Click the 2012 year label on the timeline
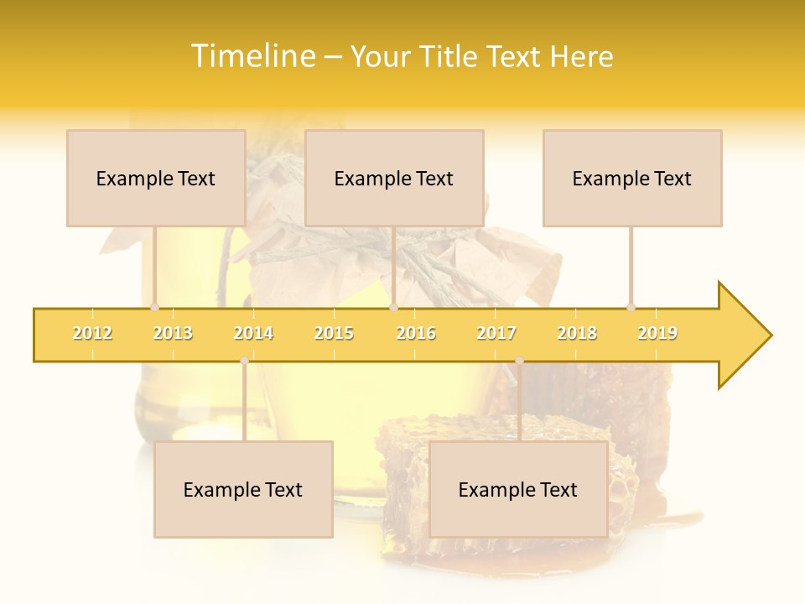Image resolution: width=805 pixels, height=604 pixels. (x=92, y=333)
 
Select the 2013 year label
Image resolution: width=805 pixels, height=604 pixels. (x=173, y=333)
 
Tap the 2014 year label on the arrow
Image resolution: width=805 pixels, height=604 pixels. (x=253, y=333)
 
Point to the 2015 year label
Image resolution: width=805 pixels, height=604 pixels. (x=334, y=333)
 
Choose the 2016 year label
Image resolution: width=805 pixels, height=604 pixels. (x=416, y=333)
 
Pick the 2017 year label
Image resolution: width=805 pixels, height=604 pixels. (x=496, y=333)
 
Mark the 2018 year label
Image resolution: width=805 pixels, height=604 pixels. (x=577, y=333)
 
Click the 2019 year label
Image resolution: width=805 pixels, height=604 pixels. (x=657, y=333)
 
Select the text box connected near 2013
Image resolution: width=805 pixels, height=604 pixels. (x=156, y=178)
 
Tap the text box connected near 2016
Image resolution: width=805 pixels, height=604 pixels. (x=394, y=178)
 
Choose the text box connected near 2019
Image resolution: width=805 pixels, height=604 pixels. (x=632, y=178)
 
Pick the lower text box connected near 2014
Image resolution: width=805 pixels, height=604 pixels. (x=243, y=489)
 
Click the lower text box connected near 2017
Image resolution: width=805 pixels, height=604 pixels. (x=518, y=489)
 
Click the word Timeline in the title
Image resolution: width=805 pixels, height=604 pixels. (x=252, y=56)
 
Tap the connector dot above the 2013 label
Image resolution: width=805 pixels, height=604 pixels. (x=154, y=308)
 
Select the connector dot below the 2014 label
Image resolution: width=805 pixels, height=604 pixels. (x=244, y=361)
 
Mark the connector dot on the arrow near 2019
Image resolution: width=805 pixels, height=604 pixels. (x=631, y=308)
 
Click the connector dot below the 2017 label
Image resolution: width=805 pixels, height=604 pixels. (x=519, y=361)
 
